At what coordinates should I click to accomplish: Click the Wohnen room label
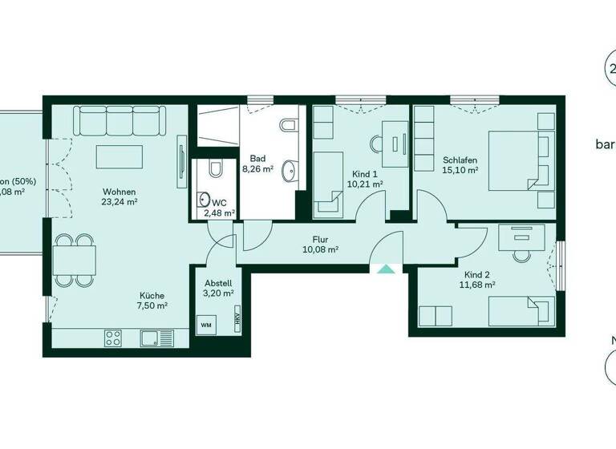click(119, 192)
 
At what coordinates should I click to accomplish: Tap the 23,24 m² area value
click(119, 204)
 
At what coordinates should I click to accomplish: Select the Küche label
click(151, 294)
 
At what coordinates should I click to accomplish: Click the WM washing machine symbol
click(206, 325)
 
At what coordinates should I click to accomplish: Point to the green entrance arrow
click(386, 269)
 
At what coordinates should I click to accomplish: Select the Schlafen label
click(460, 160)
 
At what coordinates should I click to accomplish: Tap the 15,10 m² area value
click(460, 170)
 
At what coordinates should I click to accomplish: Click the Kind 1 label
click(365, 173)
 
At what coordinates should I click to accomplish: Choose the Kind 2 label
click(476, 273)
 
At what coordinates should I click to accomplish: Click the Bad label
click(257, 159)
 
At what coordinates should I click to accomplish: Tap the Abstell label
click(218, 283)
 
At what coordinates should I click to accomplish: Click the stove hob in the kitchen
click(113, 338)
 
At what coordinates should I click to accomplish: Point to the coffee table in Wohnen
click(119, 156)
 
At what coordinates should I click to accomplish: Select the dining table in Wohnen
click(74, 259)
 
